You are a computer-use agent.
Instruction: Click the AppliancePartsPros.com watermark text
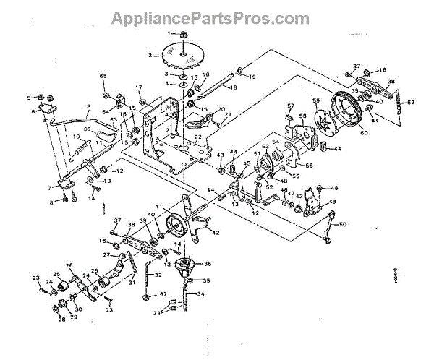pyautogui.click(x=216, y=17)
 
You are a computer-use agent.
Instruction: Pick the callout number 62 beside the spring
pyautogui.click(x=412, y=102)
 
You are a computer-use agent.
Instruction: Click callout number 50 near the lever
pyautogui.click(x=342, y=224)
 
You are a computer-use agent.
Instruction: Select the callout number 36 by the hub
pyautogui.click(x=208, y=264)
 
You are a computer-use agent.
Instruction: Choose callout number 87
pyautogui.click(x=163, y=294)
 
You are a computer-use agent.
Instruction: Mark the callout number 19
pyautogui.click(x=252, y=76)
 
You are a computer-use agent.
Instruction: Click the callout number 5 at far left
pyautogui.click(x=30, y=97)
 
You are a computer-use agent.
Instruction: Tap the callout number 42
pyautogui.click(x=216, y=233)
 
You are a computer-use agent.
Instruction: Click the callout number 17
pyautogui.click(x=138, y=88)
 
